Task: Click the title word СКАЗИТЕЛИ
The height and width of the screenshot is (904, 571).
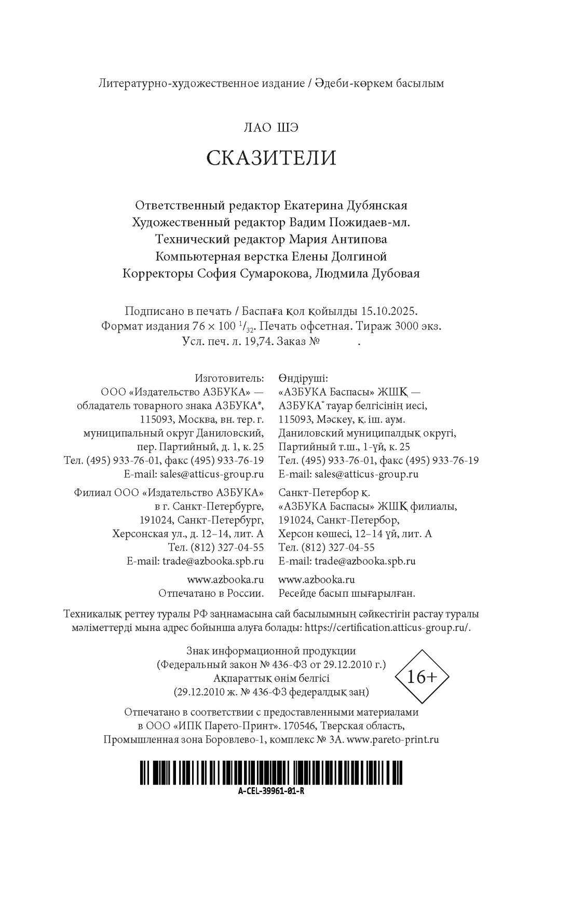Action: pos(271,158)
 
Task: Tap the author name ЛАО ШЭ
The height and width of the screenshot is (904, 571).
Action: pos(271,128)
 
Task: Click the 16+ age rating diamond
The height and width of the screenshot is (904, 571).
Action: pos(422,677)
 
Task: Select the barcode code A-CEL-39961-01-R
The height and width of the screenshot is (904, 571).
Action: pos(270,791)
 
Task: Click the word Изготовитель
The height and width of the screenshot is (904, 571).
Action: pos(229,378)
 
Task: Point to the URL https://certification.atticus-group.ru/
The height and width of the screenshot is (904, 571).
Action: pos(387,627)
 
